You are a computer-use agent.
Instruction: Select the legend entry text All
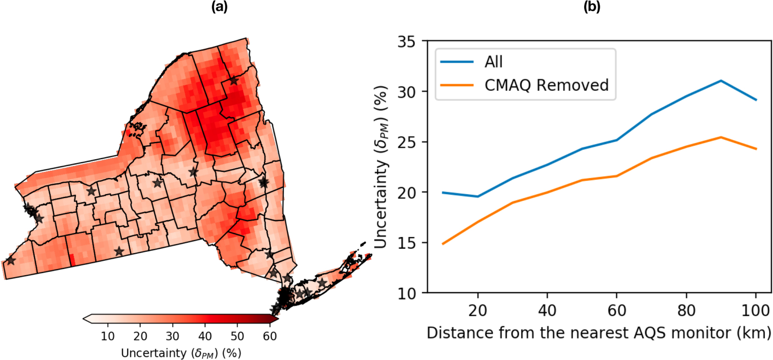click(493, 62)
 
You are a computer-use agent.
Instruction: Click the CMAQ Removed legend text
click(546, 85)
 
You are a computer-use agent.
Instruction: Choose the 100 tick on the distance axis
click(755, 311)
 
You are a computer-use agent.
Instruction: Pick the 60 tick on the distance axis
click(617, 311)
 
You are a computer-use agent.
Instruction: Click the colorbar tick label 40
click(205, 336)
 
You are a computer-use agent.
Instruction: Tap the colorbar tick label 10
click(108, 336)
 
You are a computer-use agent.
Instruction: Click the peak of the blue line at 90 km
click(721, 81)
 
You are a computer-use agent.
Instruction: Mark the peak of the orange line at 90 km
click(721, 137)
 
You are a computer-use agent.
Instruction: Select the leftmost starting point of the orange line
click(443, 244)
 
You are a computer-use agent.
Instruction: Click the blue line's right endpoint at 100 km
click(756, 100)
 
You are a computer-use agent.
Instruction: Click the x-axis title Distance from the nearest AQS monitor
click(599, 333)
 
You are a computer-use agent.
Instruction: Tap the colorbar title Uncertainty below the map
click(181, 353)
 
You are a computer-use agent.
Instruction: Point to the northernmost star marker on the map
click(233, 81)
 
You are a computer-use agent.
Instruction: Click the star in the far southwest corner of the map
click(10, 261)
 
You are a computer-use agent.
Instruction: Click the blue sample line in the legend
click(457, 62)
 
